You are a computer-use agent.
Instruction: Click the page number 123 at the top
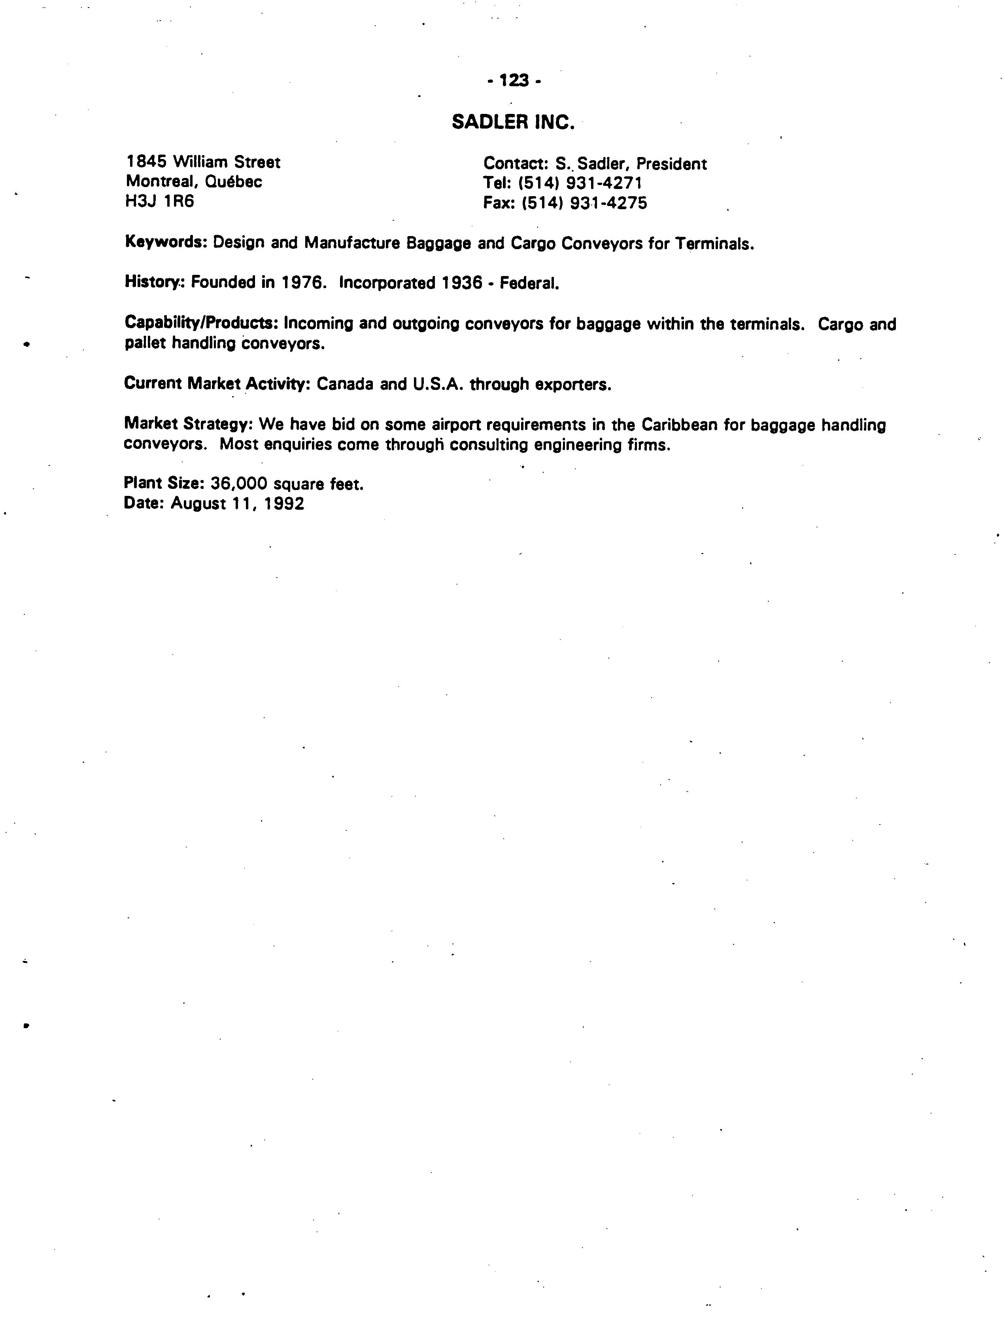(x=514, y=80)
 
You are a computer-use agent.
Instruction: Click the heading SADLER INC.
(x=513, y=123)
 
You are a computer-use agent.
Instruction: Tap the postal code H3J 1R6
(x=160, y=202)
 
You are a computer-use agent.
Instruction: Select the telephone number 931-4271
(x=604, y=183)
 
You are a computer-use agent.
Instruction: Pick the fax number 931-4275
(x=608, y=203)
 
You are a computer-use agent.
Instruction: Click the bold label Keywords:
(x=166, y=242)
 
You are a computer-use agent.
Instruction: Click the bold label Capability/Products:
(x=202, y=323)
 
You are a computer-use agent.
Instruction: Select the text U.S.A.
(x=438, y=384)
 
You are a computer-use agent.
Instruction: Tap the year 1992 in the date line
(x=284, y=504)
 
